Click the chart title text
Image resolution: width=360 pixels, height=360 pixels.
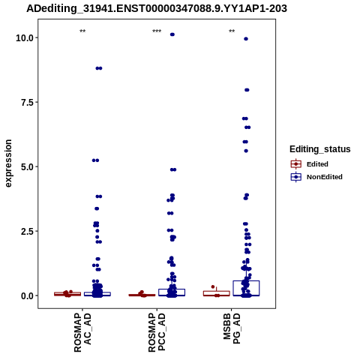click(x=157, y=9)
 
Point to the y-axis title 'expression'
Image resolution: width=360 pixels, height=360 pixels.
click(x=8, y=163)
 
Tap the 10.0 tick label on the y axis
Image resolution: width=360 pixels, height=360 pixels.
click(x=25, y=38)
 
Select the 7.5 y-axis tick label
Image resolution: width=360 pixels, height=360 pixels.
click(x=27, y=102)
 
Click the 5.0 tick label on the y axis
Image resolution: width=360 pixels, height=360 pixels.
click(x=27, y=166)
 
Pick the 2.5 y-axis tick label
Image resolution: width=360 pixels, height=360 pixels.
click(x=27, y=231)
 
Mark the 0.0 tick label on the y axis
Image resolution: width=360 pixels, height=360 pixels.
click(x=27, y=295)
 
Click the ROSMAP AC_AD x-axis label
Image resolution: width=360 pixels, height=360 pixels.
click(x=82, y=333)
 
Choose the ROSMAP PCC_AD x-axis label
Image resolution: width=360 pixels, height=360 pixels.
click(x=157, y=333)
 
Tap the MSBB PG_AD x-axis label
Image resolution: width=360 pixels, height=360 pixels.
click(x=232, y=328)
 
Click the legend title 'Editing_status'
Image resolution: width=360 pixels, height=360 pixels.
click(x=320, y=149)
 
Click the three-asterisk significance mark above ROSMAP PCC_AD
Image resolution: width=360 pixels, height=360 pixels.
click(x=157, y=31)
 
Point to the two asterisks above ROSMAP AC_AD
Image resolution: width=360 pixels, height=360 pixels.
click(x=82, y=31)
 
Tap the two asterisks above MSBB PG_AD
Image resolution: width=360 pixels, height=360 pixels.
click(x=232, y=31)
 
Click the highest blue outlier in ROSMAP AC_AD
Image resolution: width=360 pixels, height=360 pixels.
click(x=99, y=68)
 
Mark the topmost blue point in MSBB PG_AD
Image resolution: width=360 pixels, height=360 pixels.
click(x=246, y=39)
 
